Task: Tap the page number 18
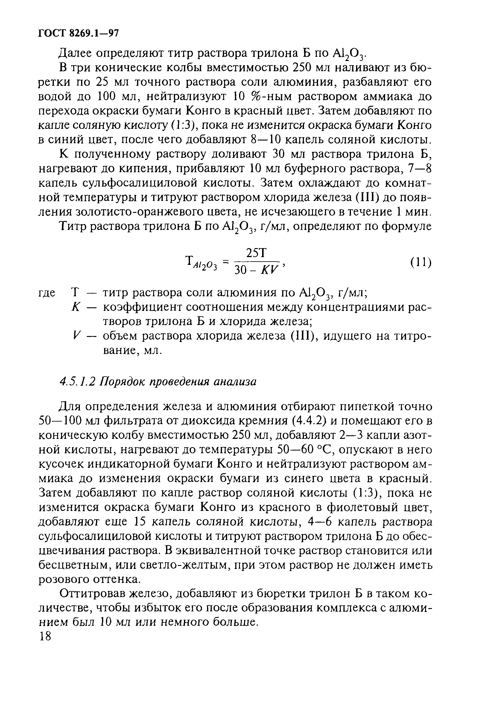[x=45, y=636]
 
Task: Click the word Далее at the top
[x=74, y=53]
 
